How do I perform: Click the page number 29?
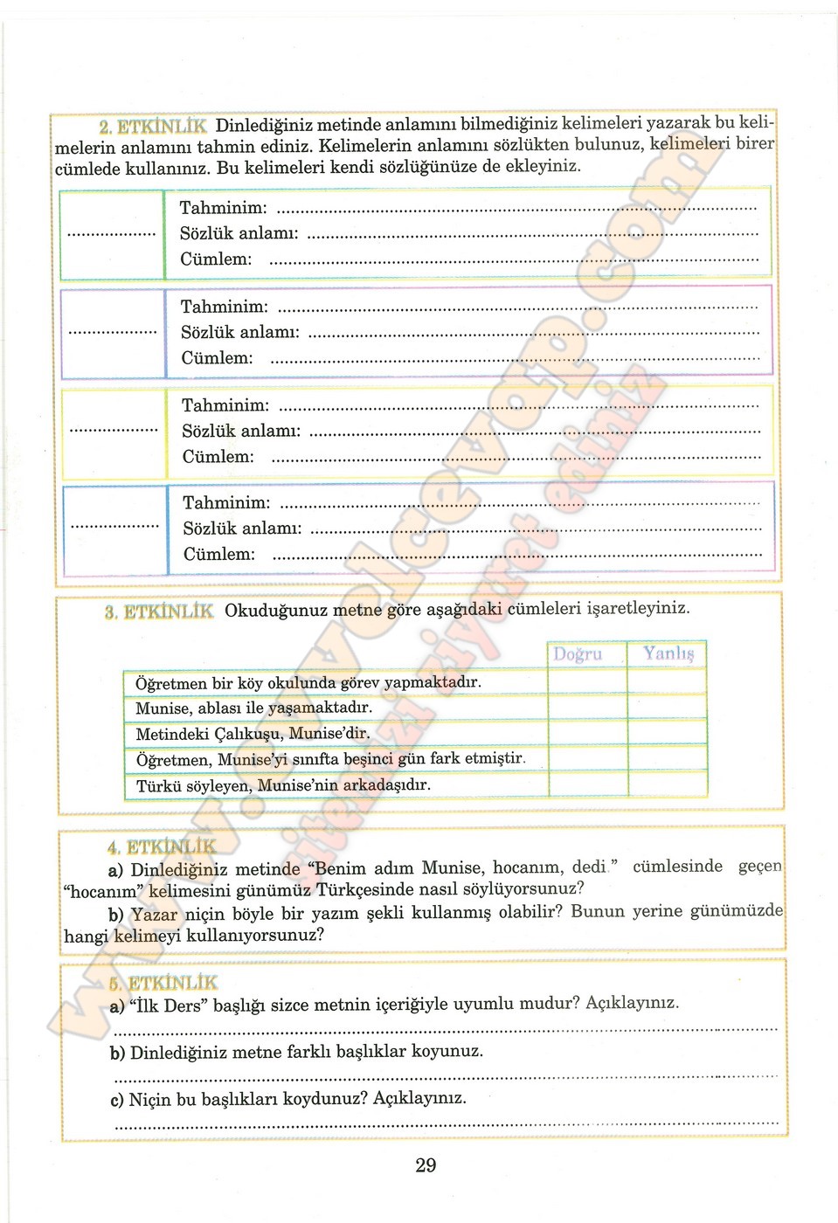pos(426,1165)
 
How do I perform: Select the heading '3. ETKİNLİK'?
pos(159,611)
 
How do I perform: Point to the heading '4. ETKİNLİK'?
pos(163,846)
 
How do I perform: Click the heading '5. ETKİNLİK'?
pos(164,982)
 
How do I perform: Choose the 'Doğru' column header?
pos(578,654)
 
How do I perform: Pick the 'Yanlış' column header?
pos(668,653)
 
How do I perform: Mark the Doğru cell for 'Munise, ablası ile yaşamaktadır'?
pos(587,707)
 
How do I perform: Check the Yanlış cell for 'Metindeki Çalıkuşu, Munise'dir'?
pos(667,732)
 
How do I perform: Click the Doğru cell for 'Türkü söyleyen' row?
pos(587,784)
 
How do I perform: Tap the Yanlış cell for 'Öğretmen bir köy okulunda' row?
pos(667,681)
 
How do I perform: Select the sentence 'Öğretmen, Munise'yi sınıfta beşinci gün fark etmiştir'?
pos(330,759)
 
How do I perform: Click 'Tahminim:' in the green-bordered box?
pos(223,208)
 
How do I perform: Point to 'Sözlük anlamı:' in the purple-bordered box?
pos(239,333)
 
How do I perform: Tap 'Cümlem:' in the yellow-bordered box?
pos(218,457)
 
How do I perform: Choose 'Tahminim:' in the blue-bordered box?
pos(226,503)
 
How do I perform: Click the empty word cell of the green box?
pos(112,234)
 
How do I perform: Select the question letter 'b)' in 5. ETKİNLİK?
pos(118,1053)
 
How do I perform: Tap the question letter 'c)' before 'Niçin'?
pos(117,1100)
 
